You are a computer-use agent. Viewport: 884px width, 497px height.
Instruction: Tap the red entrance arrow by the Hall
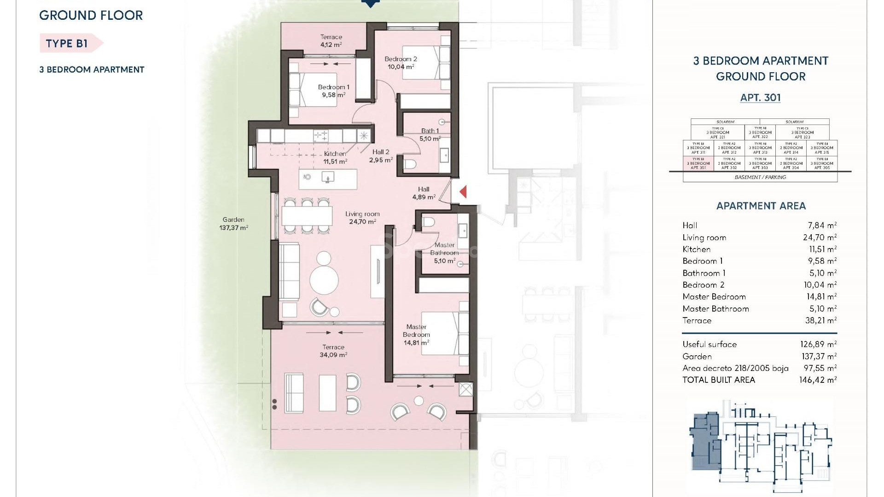coord(463,191)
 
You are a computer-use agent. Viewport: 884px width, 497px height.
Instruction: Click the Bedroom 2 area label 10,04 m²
coord(401,67)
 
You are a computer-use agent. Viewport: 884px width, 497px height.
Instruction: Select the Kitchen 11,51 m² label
coord(335,157)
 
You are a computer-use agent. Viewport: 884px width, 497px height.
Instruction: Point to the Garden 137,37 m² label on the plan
coord(233,224)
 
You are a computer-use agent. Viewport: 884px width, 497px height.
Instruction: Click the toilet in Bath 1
coord(410,163)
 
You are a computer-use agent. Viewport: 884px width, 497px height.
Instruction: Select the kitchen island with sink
coord(328,179)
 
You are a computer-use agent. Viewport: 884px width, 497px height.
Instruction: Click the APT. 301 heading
coord(760,98)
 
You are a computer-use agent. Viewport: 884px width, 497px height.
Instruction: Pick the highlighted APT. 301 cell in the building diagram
coord(698,163)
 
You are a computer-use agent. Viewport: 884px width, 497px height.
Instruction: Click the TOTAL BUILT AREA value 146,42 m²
coord(818,380)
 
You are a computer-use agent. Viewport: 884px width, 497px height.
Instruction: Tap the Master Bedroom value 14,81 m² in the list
coord(820,297)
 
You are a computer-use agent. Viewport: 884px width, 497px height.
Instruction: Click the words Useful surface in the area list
coord(710,344)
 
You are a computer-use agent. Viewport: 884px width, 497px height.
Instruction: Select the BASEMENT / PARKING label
coord(760,177)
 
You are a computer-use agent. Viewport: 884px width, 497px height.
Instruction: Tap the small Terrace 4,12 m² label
coord(331,41)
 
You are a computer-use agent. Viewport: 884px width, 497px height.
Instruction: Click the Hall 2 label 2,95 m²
coord(381,156)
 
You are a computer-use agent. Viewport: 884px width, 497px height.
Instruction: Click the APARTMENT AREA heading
coord(761,206)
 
